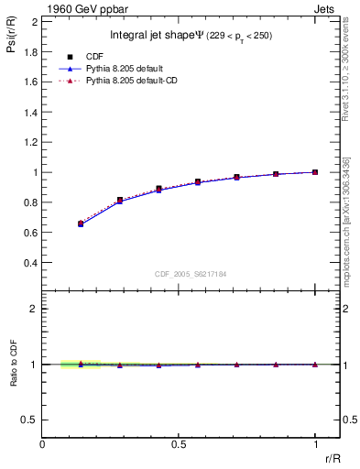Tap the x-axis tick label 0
pyautogui.click(x=43, y=444)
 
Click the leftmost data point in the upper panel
pyautogui.click(x=82, y=224)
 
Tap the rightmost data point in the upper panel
pyautogui.click(x=315, y=172)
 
